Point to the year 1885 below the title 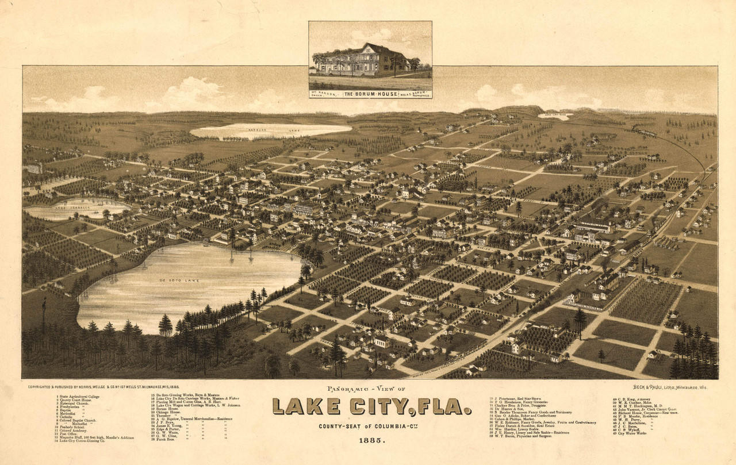(371, 440)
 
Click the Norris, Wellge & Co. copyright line (95, 387)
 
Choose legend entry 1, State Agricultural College (78, 397)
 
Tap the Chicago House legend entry (167, 412)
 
